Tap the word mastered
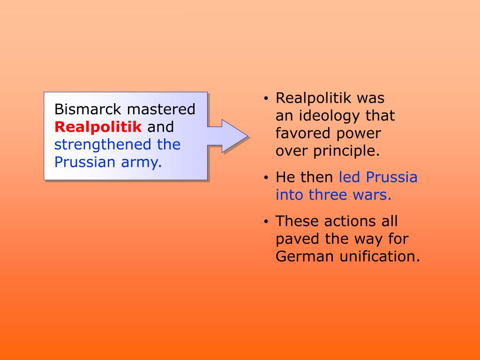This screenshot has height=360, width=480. (x=162, y=109)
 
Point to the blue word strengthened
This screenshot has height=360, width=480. (x=103, y=144)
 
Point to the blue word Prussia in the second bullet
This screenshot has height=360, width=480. (x=392, y=178)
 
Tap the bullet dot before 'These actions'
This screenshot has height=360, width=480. (x=266, y=222)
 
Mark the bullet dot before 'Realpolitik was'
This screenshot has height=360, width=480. (x=266, y=99)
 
